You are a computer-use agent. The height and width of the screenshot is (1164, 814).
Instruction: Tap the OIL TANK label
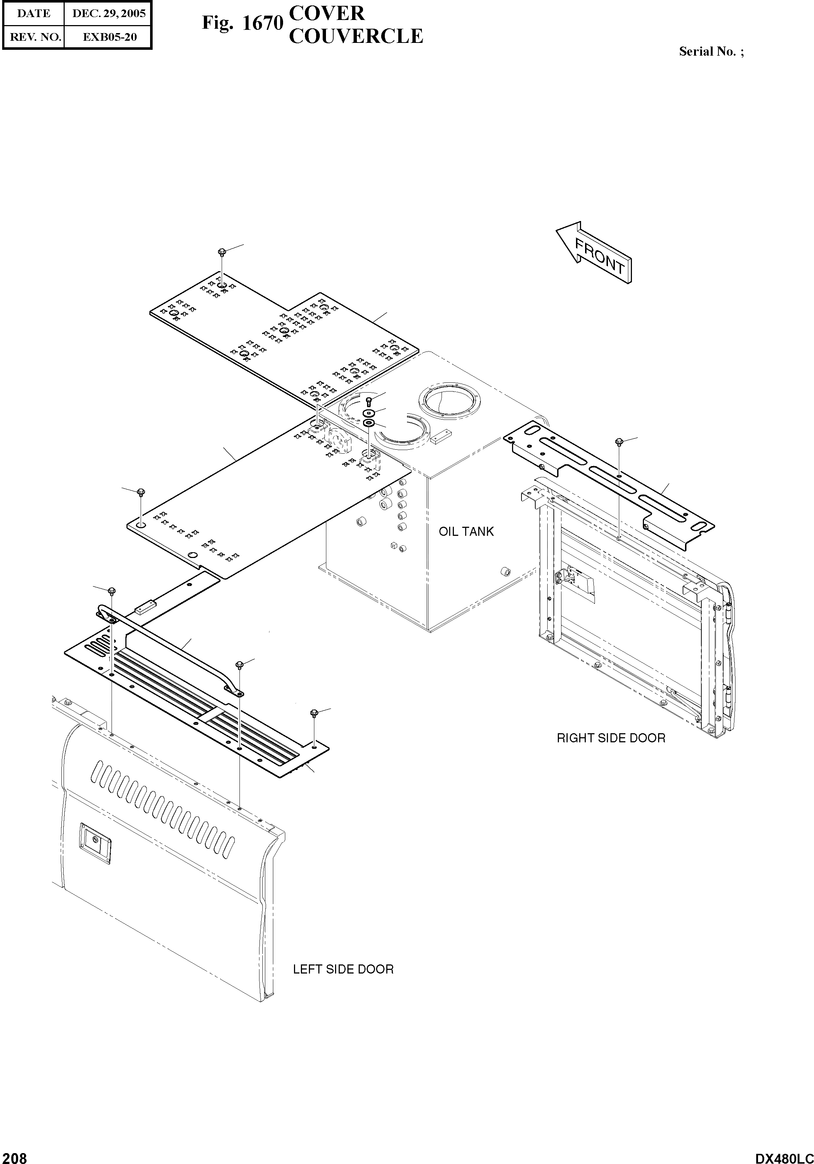click(466, 532)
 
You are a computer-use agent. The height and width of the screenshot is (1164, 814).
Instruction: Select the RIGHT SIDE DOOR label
click(611, 738)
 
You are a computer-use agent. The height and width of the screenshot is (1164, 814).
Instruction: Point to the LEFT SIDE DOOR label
click(343, 969)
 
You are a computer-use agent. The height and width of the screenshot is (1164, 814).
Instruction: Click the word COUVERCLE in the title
click(356, 36)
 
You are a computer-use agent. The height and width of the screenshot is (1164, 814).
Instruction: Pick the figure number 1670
click(262, 23)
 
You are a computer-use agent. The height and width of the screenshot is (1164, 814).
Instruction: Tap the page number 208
click(14, 1156)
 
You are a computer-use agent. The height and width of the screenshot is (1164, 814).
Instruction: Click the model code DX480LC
click(783, 1156)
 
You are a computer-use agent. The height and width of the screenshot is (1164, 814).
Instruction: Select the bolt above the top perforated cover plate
click(222, 252)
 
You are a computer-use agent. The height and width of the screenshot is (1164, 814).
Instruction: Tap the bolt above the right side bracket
click(618, 442)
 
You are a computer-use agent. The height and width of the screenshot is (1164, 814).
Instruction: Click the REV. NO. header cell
click(34, 37)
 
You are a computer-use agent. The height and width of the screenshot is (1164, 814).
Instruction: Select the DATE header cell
click(34, 14)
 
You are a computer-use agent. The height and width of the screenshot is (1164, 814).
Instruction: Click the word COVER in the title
click(326, 14)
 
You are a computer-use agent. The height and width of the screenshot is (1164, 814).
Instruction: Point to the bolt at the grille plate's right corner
click(314, 713)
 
